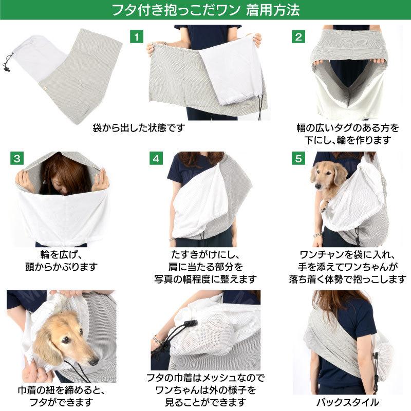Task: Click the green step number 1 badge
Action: [x=136, y=36]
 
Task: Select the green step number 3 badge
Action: [x=17, y=158]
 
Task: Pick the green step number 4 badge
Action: [x=156, y=158]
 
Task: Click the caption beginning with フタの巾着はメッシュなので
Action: [x=206, y=390]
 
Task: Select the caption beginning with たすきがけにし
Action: [x=206, y=267]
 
